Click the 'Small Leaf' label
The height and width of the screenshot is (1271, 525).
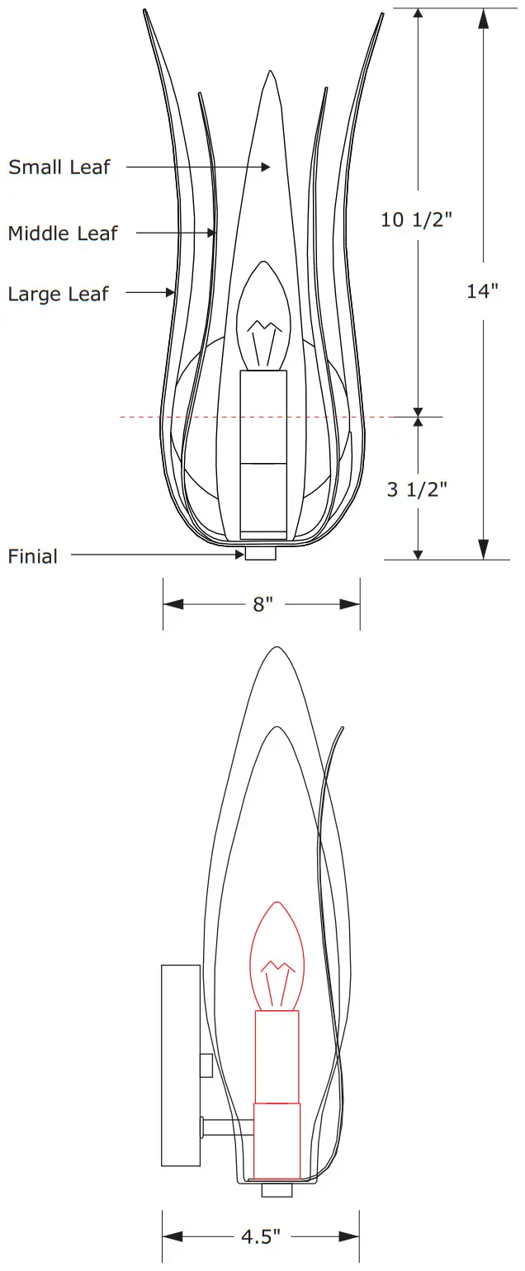59,168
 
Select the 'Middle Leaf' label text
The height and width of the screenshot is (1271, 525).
63,234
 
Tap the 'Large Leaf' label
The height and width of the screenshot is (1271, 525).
58,294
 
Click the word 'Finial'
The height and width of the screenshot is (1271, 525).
33,556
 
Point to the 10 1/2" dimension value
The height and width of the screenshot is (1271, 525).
418,220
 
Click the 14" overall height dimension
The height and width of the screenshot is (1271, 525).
483,291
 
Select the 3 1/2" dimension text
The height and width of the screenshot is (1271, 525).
418,489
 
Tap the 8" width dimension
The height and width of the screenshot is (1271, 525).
262,605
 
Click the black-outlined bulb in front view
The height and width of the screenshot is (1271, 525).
263,318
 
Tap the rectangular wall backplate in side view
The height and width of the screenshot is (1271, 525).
181,1065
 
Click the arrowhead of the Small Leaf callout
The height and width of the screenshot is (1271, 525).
266,168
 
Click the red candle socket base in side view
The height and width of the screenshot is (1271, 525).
277,1141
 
